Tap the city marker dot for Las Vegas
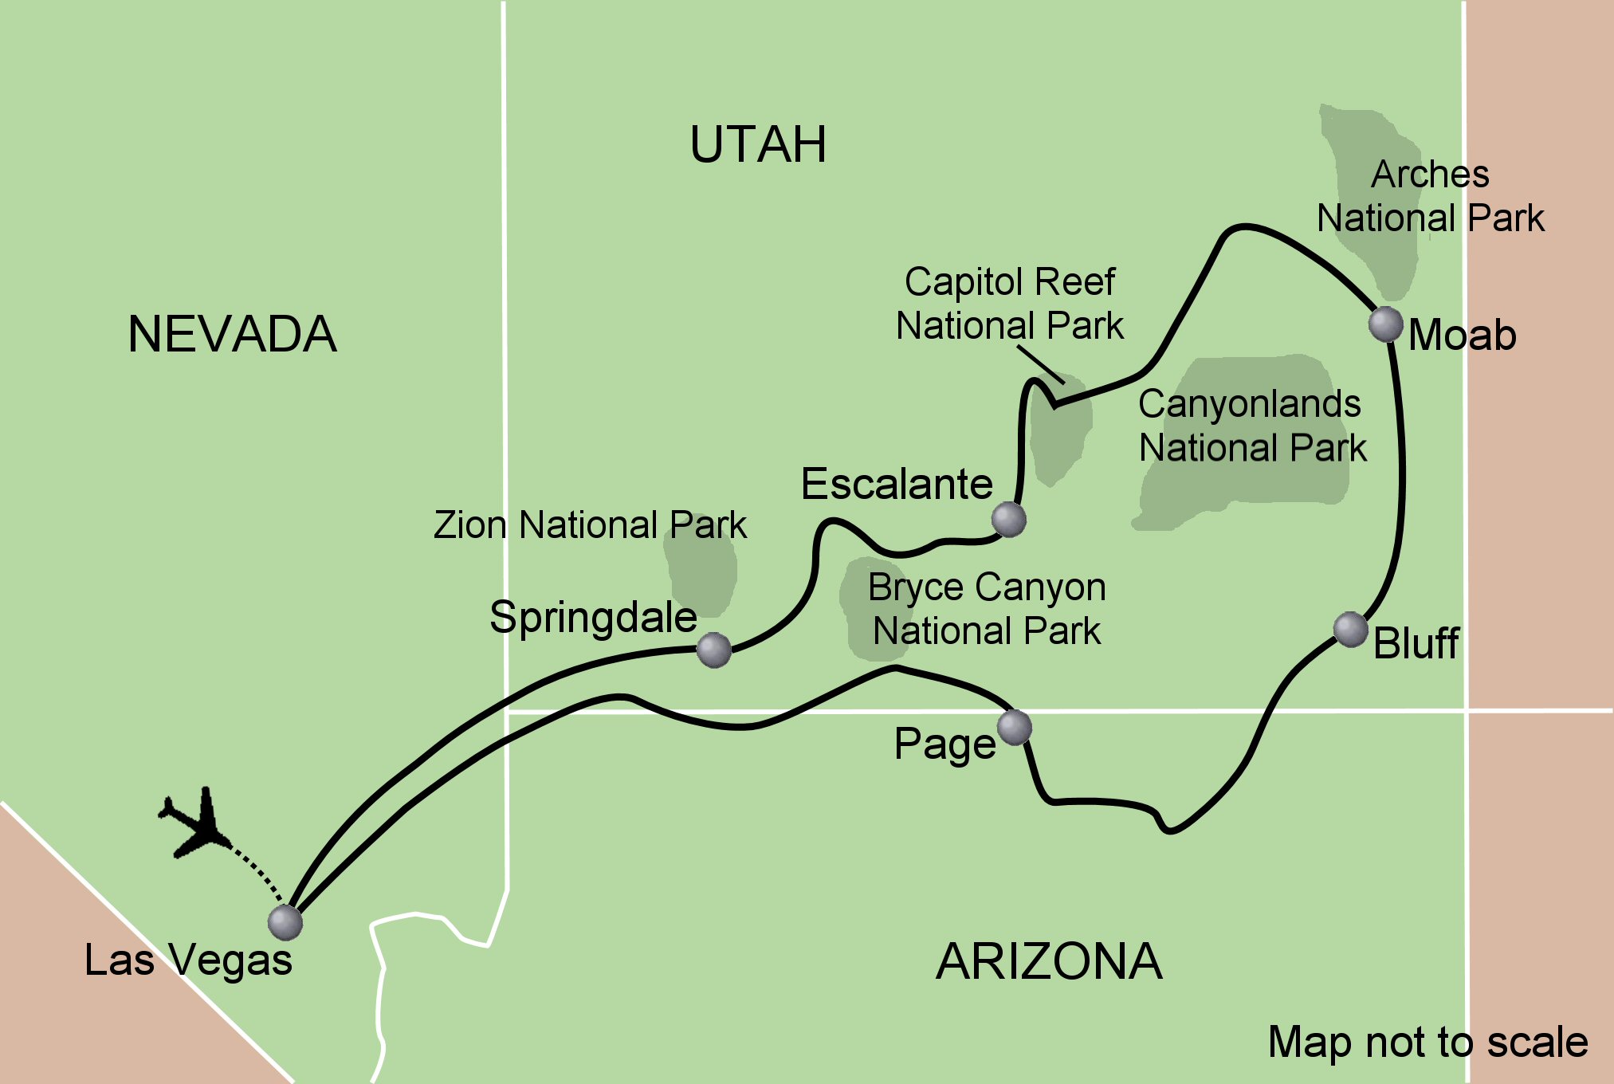285,922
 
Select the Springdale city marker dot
713,650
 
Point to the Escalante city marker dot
1008,520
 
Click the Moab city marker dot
1385,324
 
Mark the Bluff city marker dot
1350,630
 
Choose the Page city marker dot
1014,727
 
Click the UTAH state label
758,145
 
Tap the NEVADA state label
232,334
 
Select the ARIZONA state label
1049,962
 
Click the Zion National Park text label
590,525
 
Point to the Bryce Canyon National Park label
987,609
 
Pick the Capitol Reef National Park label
1009,304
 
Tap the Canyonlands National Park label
1251,426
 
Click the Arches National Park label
1430,196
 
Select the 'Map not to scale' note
1427,1042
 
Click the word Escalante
897,485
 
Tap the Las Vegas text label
188,960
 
